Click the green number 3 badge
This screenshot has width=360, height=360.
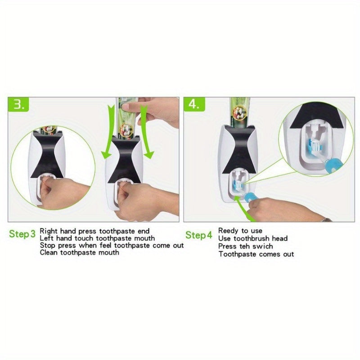(x=20, y=105)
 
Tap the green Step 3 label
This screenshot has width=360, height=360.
(x=22, y=234)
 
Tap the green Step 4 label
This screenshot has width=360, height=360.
(x=198, y=234)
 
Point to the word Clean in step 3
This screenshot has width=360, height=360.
(x=49, y=252)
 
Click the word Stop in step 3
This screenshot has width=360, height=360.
(x=48, y=245)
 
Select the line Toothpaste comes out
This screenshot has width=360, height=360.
(x=256, y=254)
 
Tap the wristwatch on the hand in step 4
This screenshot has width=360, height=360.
(x=325, y=220)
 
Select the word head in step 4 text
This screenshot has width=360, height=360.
(x=279, y=238)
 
